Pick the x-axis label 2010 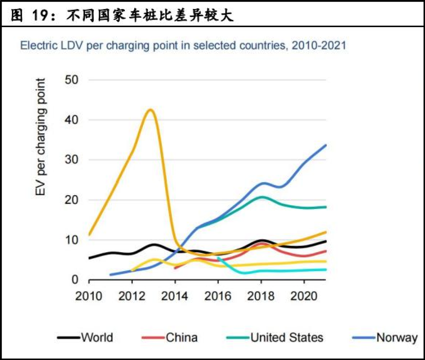coord(89,295)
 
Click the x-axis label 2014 coord(175,295)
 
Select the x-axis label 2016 coord(218,295)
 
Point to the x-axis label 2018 coord(261,295)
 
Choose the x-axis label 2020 coord(304,295)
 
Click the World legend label coord(97,338)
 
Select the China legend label coord(181,338)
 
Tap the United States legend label coord(287,338)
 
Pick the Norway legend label coord(397,338)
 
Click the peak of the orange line coord(150,110)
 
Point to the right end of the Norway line coord(326,145)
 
